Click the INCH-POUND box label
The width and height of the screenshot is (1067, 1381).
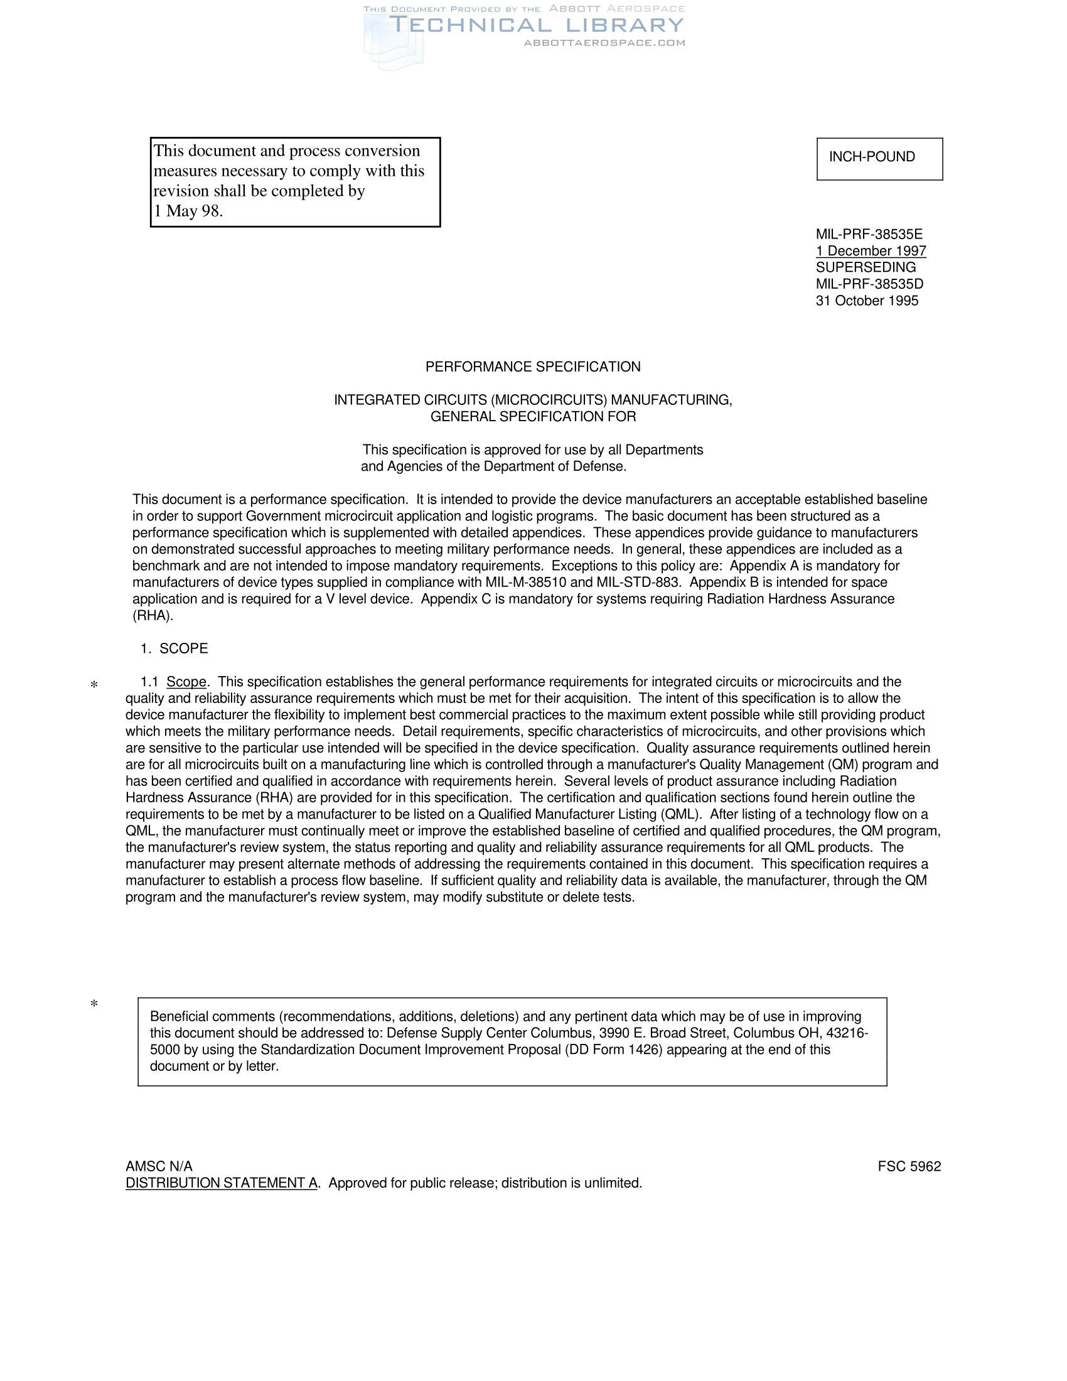tap(872, 157)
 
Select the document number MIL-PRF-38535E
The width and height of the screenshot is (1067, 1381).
tap(869, 235)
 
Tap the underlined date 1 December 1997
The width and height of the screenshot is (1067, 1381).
tap(871, 251)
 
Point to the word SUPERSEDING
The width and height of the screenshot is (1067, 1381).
tap(866, 267)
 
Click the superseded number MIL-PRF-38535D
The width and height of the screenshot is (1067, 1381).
tap(869, 284)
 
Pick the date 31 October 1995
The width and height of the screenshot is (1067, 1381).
tap(867, 301)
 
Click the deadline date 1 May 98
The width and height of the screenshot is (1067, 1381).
tap(188, 211)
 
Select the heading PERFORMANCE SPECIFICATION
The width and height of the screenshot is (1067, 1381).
tap(533, 367)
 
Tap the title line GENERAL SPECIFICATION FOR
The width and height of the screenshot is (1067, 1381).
tap(533, 417)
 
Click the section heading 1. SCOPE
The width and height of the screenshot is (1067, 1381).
tap(174, 649)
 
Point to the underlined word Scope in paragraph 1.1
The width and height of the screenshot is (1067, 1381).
tap(186, 682)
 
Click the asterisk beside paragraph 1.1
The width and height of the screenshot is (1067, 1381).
tap(94, 685)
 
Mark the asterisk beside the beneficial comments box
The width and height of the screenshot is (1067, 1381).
tap(94, 1004)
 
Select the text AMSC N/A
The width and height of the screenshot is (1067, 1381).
tap(159, 1167)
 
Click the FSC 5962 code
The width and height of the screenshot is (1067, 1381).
tap(909, 1167)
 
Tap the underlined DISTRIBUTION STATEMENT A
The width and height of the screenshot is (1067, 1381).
tap(221, 1183)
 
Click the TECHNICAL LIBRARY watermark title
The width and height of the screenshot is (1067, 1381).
tap(537, 25)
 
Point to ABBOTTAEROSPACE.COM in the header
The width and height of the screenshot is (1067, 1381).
tap(604, 43)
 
